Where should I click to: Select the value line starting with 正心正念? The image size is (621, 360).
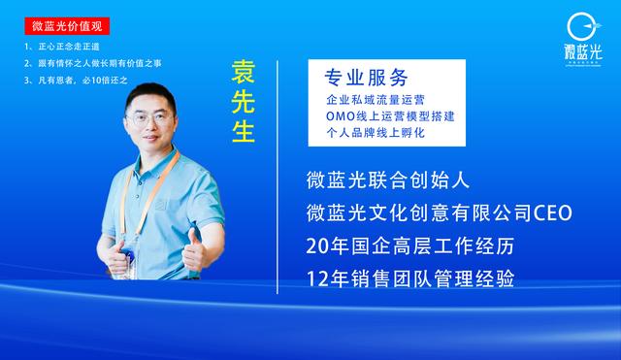click(x=60, y=47)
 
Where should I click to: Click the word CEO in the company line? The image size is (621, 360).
click(x=551, y=213)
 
